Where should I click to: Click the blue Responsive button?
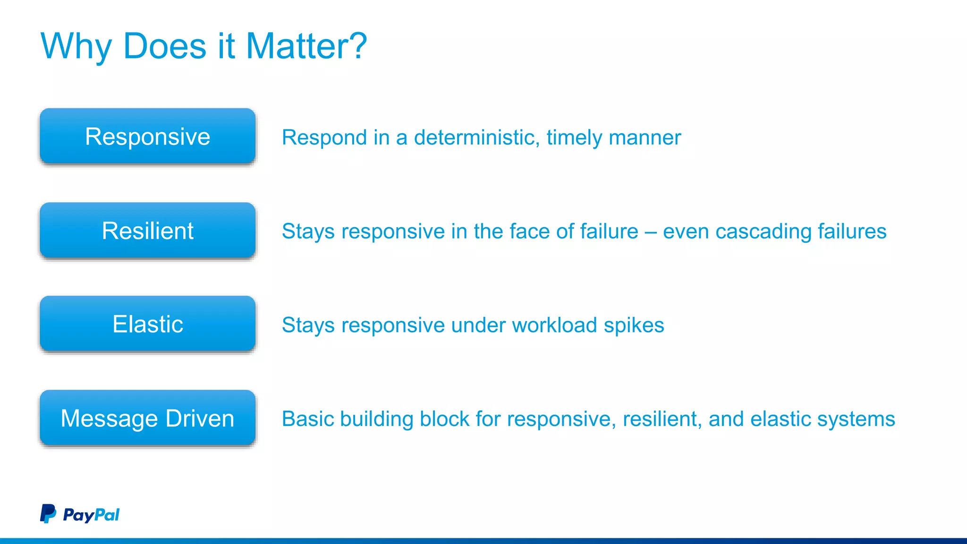[147, 136]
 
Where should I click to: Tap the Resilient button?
[147, 230]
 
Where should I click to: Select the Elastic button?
[147, 324]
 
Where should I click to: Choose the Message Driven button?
[147, 418]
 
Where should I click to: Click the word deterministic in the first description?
[477, 137]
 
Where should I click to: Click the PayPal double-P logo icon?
[48, 513]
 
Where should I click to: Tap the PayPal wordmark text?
[91, 515]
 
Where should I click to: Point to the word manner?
[645, 138]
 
